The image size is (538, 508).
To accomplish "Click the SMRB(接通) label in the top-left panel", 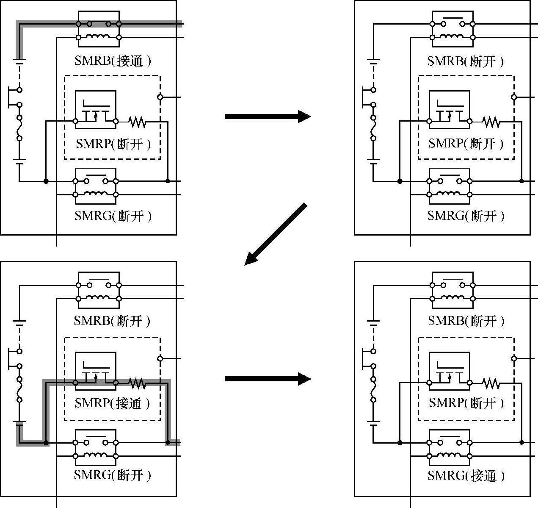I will [112, 61].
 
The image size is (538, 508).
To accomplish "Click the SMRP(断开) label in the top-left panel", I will [113, 144].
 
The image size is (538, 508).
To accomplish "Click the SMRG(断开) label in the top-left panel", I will [113, 216].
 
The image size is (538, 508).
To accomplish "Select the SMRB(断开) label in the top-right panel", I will [466, 61].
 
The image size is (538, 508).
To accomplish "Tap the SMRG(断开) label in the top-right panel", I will [466, 216].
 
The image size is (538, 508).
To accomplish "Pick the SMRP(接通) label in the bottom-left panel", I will [112, 403].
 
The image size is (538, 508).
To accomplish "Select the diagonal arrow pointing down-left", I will [275, 234].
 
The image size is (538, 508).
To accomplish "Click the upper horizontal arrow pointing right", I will [268, 116].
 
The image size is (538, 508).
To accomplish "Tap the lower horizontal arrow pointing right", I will [268, 378].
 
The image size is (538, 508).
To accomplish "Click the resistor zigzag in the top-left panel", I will [137, 122].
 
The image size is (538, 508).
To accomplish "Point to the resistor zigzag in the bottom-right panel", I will [491, 383].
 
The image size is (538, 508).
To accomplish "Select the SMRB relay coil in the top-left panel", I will [98, 37].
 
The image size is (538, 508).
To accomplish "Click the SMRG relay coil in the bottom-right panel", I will [450, 456].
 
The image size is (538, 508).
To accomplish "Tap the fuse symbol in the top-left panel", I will [19, 128].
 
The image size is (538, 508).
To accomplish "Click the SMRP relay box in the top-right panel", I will [450, 109].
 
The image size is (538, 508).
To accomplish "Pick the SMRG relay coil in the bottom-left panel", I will [96, 456].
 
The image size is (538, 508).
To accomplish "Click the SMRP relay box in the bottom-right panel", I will [450, 370].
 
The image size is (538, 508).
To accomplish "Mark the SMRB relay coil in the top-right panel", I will [452, 37].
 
